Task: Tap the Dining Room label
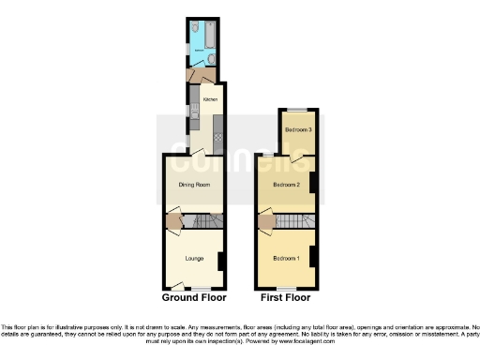point(194,185)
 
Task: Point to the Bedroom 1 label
point(286,257)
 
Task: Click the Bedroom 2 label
point(286,185)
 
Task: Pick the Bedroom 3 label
point(298,129)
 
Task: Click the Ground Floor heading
point(194,297)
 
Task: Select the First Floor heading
point(286,297)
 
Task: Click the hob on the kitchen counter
point(217,140)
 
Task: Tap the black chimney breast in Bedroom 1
point(314,256)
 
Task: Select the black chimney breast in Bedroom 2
point(314,184)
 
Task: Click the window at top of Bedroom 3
point(298,110)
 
